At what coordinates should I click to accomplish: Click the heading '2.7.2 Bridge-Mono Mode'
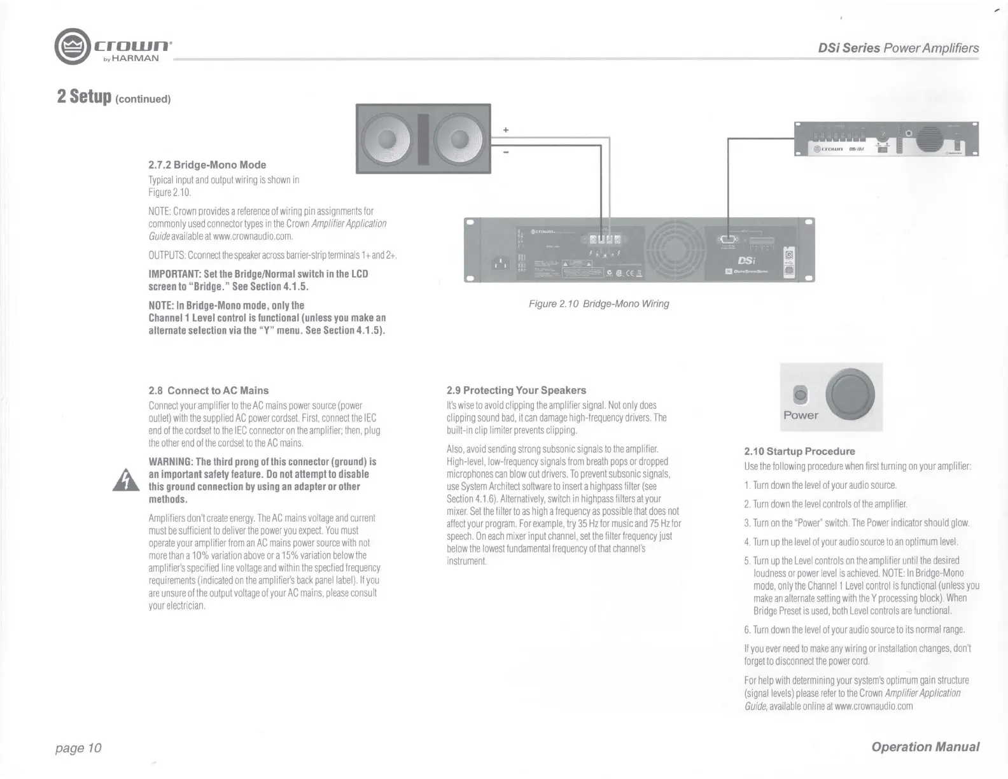(x=207, y=165)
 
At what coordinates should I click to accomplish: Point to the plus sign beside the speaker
(x=506, y=130)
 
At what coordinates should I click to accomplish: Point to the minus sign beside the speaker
(x=506, y=153)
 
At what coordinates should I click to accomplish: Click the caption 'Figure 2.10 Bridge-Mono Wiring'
(x=599, y=304)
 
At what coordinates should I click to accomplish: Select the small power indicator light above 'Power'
(x=802, y=395)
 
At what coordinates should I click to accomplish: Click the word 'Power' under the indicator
(x=801, y=415)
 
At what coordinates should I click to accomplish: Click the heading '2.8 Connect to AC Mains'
(x=209, y=391)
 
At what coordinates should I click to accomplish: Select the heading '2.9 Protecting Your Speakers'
(x=516, y=390)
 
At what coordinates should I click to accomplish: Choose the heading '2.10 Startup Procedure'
(x=799, y=451)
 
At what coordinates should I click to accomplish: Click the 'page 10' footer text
(x=78, y=747)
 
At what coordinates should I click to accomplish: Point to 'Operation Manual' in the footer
(x=925, y=747)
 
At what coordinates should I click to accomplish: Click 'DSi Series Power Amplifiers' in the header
(x=898, y=48)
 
